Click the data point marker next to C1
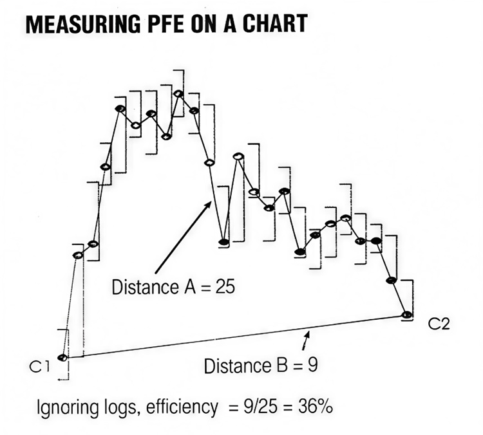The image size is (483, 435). pos(62,358)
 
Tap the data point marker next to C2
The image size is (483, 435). pos(406,314)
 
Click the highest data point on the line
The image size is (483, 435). pos(178,94)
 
